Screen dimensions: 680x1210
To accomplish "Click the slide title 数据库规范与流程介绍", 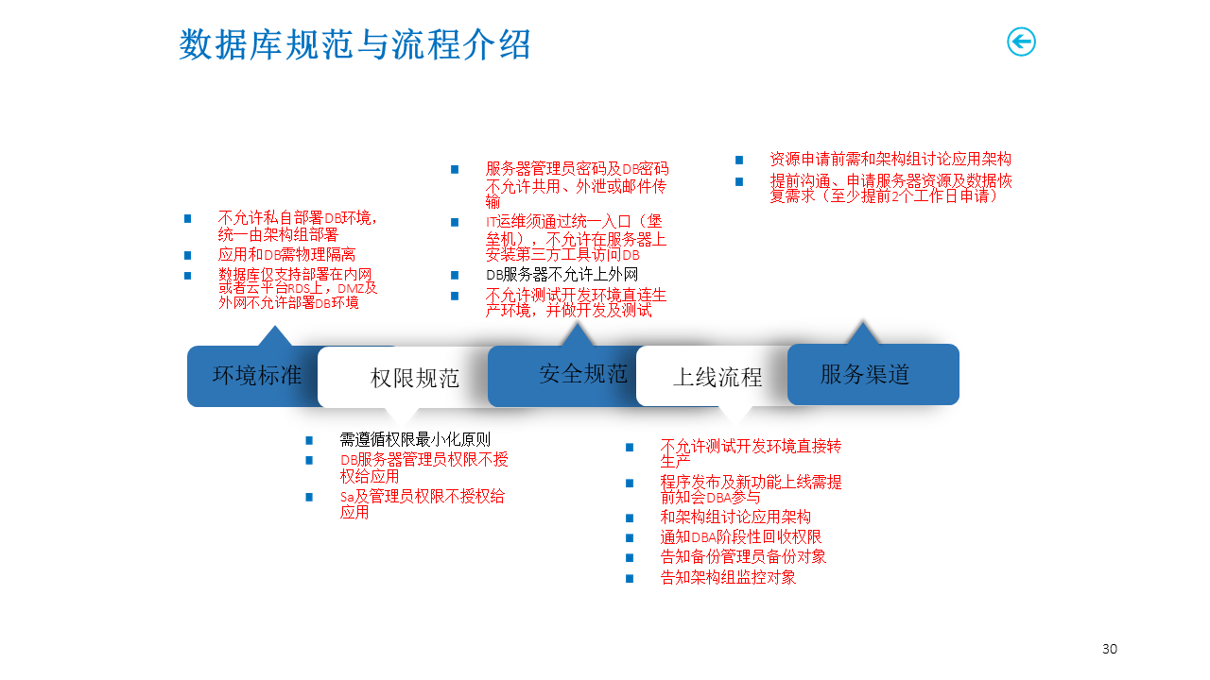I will coord(354,44).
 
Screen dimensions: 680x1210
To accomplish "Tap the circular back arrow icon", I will coord(1021,42).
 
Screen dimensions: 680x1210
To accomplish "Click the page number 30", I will coord(1110,649).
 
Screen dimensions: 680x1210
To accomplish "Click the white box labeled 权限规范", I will coord(414,378).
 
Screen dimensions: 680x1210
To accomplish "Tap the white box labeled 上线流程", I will coord(717,378).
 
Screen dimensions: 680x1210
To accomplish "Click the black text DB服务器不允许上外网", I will coord(562,275).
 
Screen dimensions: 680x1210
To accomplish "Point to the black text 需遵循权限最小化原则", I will coord(415,439).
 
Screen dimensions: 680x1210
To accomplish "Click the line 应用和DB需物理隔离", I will coord(286,254).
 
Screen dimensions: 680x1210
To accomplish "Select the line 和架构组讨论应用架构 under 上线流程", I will coord(735,518).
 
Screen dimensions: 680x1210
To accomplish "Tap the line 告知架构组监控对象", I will coord(728,577).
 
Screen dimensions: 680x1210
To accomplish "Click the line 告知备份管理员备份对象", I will coord(743,557).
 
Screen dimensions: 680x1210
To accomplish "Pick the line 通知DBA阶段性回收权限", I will coord(740,537).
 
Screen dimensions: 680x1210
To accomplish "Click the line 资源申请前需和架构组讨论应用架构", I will coord(890,160).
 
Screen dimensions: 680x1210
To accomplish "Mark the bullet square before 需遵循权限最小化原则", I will coord(309,440).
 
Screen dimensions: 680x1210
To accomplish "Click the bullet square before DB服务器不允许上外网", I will coord(455,276).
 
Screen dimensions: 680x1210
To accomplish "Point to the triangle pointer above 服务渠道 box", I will coord(861,333).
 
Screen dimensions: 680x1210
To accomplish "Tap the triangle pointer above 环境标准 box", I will coord(274,336).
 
